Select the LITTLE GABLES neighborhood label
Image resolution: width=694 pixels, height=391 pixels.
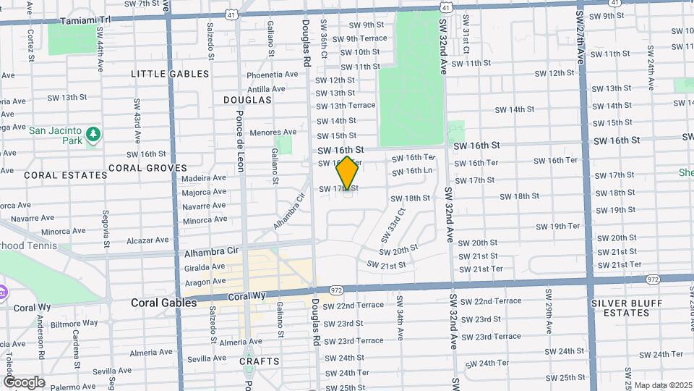click(170, 74)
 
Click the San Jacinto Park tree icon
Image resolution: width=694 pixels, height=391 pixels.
click(93, 134)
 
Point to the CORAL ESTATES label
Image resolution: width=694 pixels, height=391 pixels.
click(56, 175)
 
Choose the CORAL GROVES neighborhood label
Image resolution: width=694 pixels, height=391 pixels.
click(147, 168)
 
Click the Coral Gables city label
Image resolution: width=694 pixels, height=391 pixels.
click(163, 303)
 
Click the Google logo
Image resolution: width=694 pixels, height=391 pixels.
click(24, 382)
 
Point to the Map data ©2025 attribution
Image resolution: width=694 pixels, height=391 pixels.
click(664, 385)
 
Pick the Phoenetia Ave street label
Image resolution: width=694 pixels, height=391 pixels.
click(272, 75)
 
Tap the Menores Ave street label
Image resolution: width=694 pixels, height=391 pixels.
click(273, 133)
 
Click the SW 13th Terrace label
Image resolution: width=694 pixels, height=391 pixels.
click(346, 106)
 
